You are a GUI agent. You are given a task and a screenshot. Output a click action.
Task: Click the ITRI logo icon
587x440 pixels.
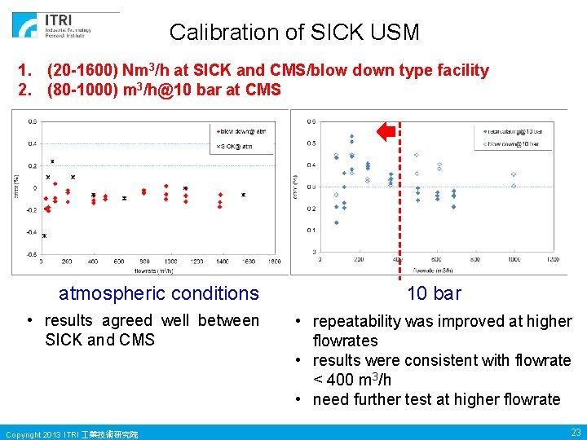pos(24,25)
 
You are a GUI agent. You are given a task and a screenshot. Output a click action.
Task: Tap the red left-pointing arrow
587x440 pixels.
pos(386,130)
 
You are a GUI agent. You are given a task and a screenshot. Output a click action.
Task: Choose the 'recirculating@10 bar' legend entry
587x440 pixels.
pos(513,130)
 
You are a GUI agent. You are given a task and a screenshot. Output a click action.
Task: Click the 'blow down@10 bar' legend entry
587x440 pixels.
pos(514,144)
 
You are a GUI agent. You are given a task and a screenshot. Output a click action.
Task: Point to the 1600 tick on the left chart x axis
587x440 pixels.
pos(275,262)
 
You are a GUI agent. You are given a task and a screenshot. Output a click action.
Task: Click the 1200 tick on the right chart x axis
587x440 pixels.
pos(552,259)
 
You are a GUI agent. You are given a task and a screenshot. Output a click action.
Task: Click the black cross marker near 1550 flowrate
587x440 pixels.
pos(243,195)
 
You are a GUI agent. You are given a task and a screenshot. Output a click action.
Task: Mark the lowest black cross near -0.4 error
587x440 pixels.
pos(44,235)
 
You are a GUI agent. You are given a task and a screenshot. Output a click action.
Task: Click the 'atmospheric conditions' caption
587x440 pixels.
pos(158,293)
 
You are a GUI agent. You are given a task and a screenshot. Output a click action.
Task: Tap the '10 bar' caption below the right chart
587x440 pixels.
pos(434,293)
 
